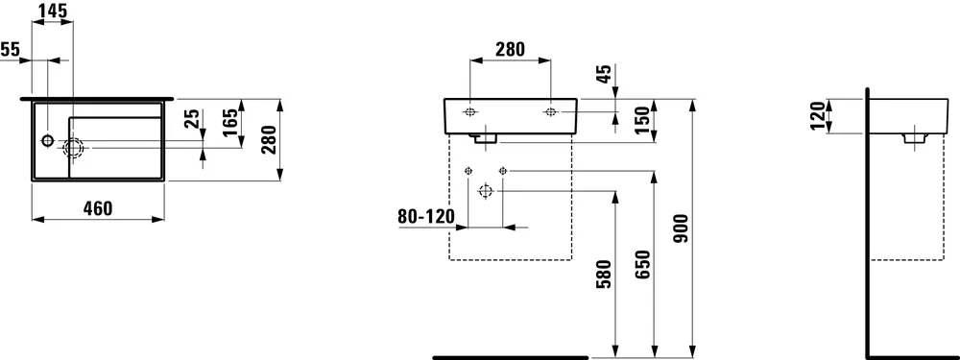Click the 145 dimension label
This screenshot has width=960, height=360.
pyautogui.click(x=53, y=12)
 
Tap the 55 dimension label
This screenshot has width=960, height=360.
pyautogui.click(x=11, y=49)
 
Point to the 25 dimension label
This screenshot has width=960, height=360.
pyautogui.click(x=192, y=119)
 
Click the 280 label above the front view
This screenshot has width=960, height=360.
pyautogui.click(x=509, y=50)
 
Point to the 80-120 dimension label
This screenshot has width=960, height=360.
pyautogui.click(x=425, y=217)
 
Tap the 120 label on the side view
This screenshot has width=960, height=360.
pyautogui.click(x=816, y=116)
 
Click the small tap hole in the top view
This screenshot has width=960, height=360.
pyautogui.click(x=47, y=141)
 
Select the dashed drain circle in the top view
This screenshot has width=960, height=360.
pyautogui.click(x=74, y=147)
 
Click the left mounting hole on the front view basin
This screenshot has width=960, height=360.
pyautogui.click(x=470, y=112)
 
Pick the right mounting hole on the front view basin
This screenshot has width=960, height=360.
pyautogui.click(x=550, y=112)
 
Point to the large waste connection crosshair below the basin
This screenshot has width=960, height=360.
pyautogui.click(x=485, y=191)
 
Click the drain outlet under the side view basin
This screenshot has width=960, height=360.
pyautogui.click(x=912, y=138)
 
